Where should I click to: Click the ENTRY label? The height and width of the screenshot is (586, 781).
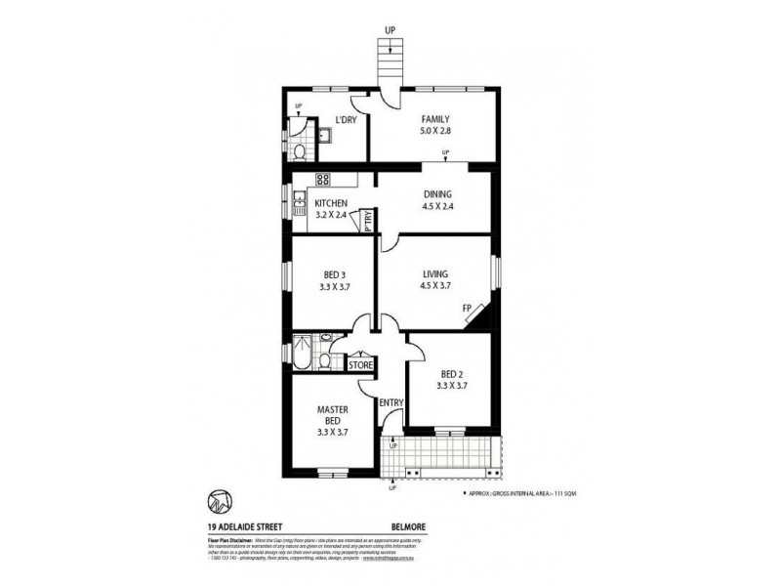point(391,402)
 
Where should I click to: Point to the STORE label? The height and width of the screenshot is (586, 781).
point(360,365)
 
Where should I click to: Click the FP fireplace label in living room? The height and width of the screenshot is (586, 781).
point(468,309)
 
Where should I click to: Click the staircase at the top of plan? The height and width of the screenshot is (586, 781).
point(390,63)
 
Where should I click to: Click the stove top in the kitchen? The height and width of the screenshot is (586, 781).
point(322,181)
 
